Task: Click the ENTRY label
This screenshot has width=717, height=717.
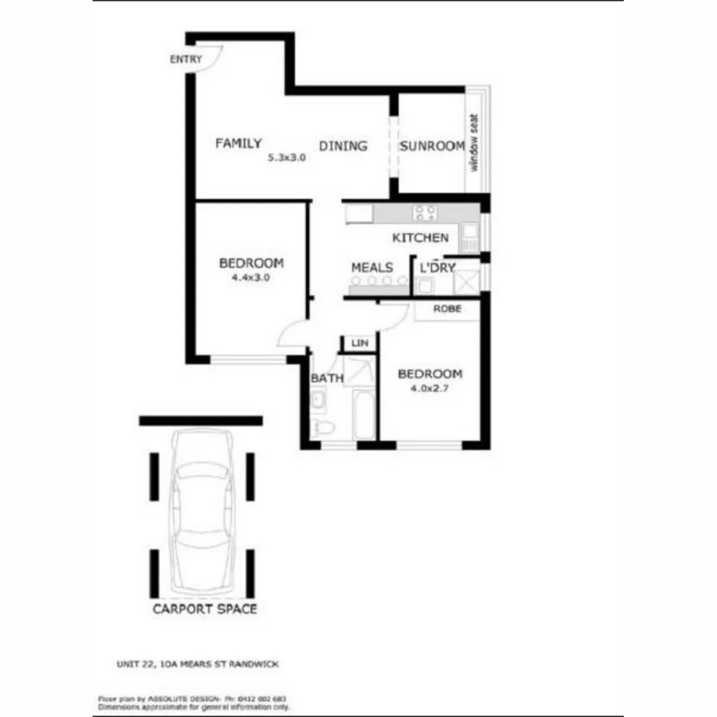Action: (x=186, y=60)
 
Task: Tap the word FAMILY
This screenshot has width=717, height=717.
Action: (x=238, y=143)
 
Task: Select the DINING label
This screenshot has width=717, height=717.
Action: (x=343, y=146)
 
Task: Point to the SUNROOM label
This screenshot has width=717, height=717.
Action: (x=432, y=146)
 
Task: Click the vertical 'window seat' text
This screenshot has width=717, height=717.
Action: (x=474, y=143)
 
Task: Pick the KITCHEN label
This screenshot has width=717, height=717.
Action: (x=420, y=238)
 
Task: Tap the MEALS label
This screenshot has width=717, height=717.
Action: (x=372, y=268)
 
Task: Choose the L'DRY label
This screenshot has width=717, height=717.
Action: (x=438, y=268)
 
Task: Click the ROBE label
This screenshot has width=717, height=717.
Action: (x=447, y=309)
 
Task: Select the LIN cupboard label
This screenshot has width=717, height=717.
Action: (x=359, y=343)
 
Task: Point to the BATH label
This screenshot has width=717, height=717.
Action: (x=327, y=378)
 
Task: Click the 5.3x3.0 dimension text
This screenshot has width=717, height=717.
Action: (x=286, y=159)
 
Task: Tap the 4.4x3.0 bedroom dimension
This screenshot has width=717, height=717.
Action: (x=250, y=278)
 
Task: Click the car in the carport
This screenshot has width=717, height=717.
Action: (x=202, y=511)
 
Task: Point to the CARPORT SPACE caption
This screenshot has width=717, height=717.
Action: (x=204, y=609)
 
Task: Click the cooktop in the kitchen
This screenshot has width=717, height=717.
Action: (x=425, y=213)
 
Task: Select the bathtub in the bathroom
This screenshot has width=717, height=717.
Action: (x=364, y=415)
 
